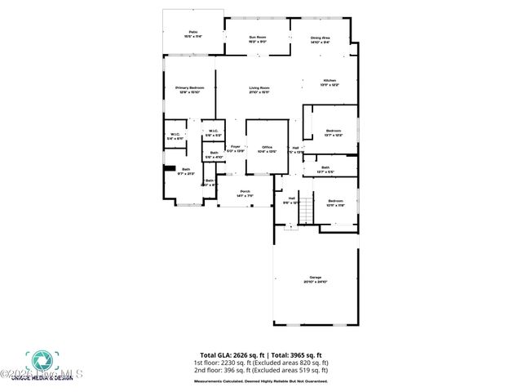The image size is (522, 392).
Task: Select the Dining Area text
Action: [321, 38]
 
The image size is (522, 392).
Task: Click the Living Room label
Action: [259, 89]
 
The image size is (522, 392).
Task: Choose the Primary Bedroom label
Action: [188, 89]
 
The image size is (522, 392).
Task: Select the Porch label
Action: [245, 194]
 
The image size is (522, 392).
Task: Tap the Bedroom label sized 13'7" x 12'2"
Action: [334, 132]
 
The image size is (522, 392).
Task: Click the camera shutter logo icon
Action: [40, 360]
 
